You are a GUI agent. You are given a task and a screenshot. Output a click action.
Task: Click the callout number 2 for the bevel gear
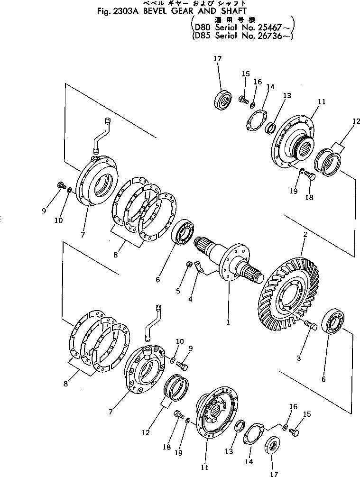coord(305,235)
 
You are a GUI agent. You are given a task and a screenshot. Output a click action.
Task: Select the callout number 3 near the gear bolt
coord(299,358)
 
